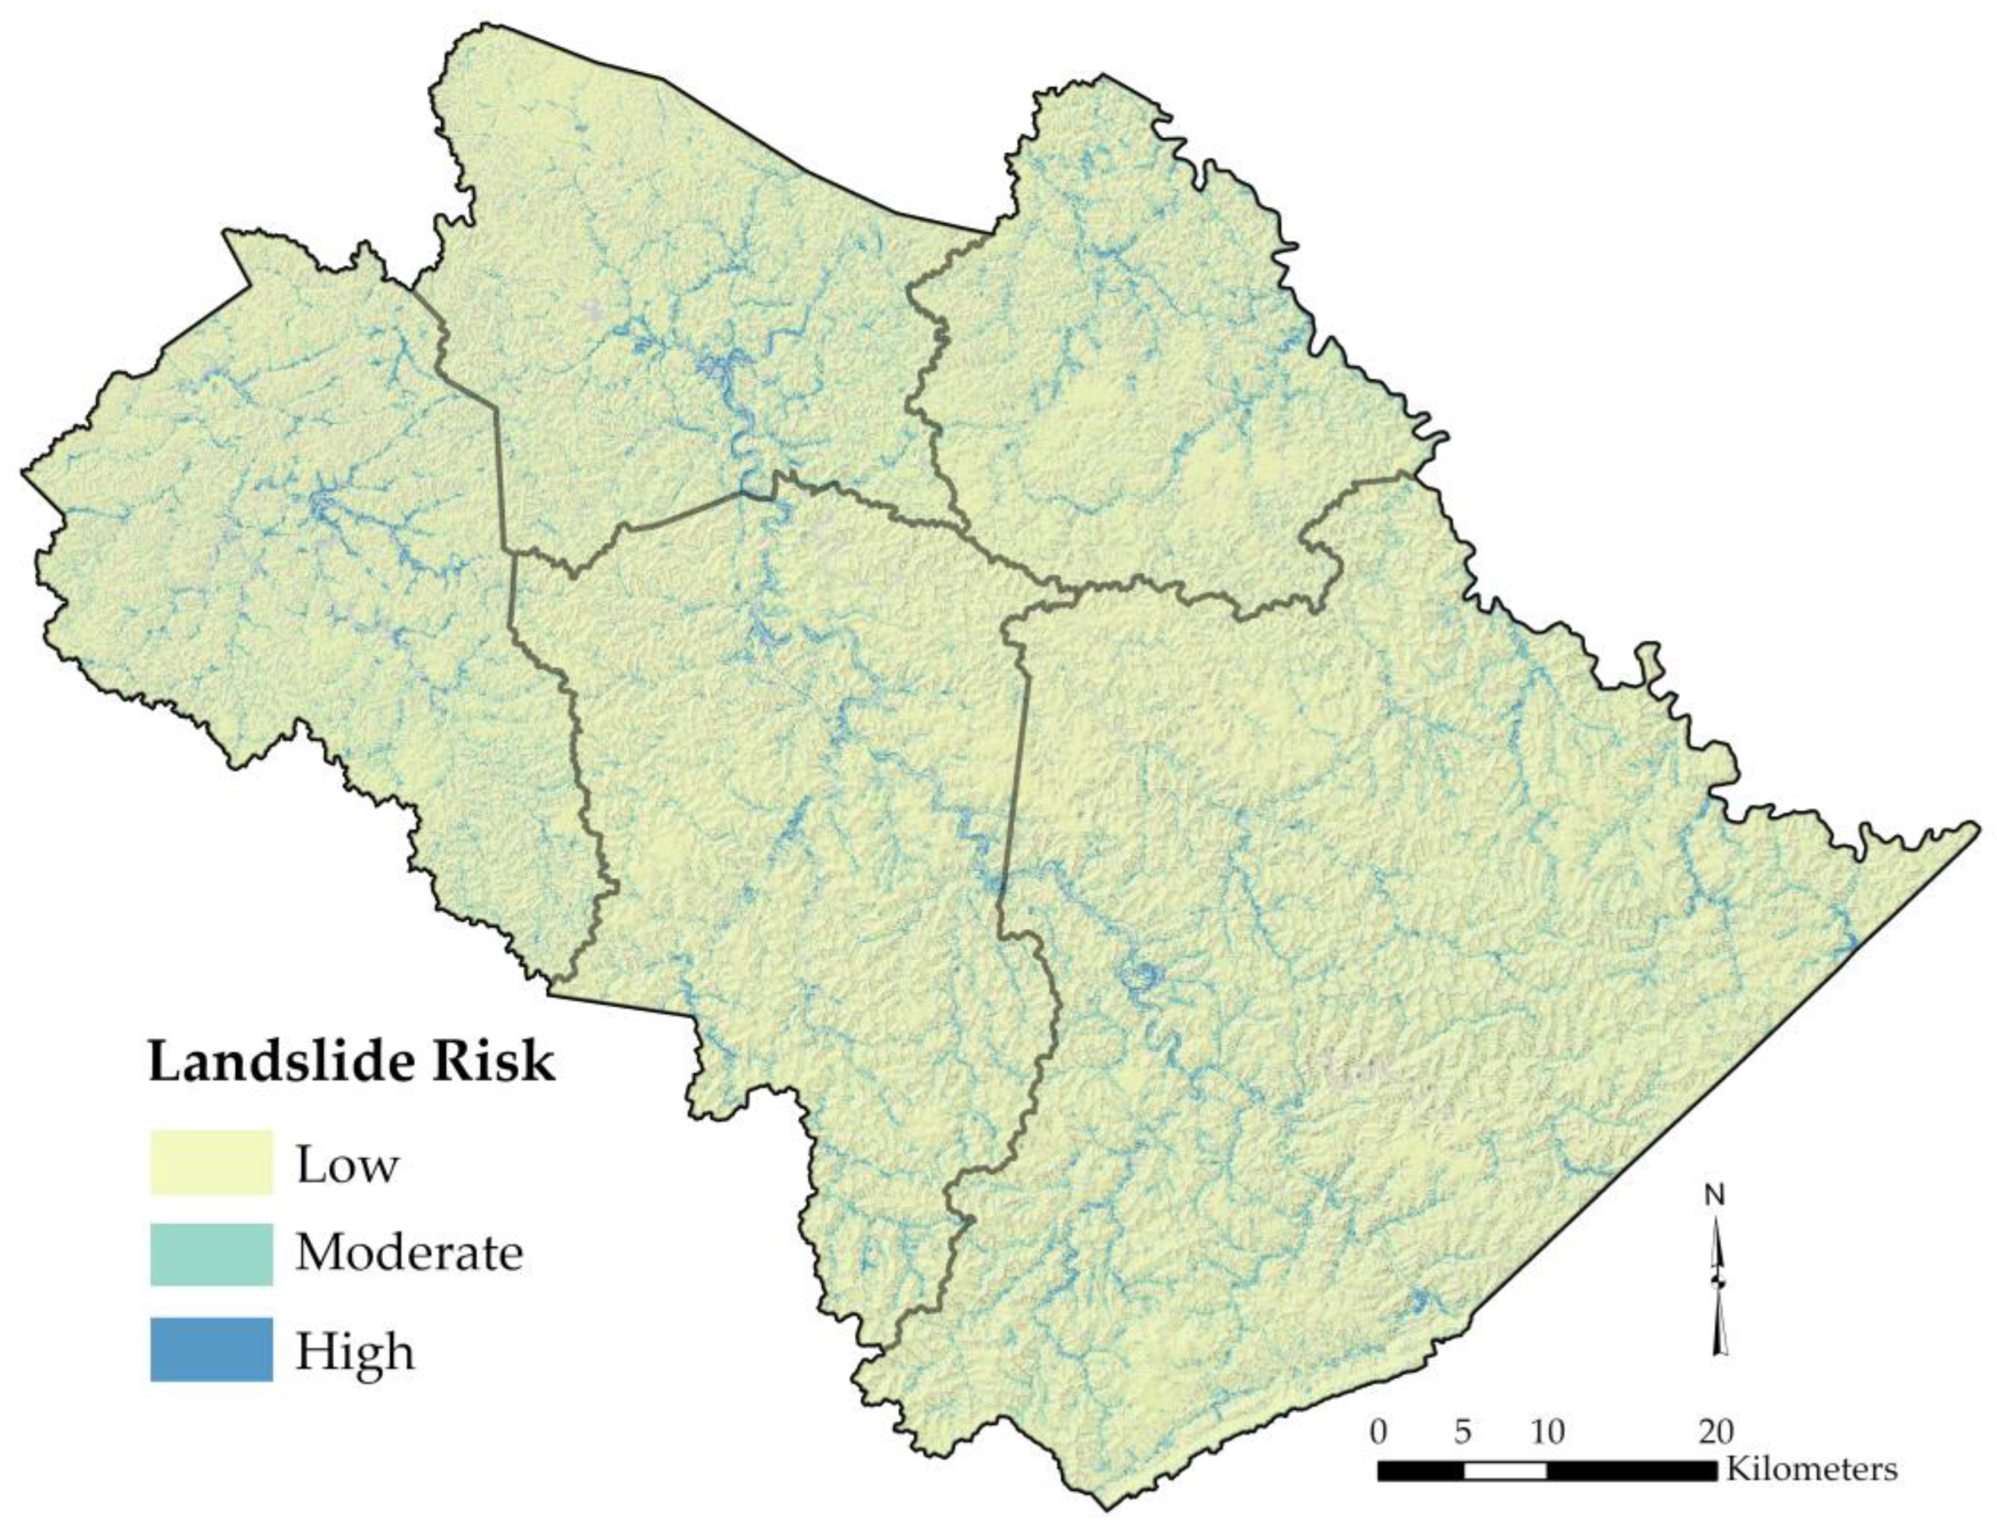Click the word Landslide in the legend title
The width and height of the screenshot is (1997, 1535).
(x=272, y=1062)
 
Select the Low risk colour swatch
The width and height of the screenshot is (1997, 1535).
(x=211, y=1161)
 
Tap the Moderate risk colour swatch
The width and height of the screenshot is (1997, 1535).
(x=211, y=1254)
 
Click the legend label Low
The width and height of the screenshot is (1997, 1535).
(x=346, y=1165)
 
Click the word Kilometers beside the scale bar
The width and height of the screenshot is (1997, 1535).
(x=1811, y=1469)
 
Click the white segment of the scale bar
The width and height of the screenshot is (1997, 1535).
(x=1505, y=1470)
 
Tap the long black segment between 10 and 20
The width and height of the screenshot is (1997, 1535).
(x=1631, y=1470)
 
